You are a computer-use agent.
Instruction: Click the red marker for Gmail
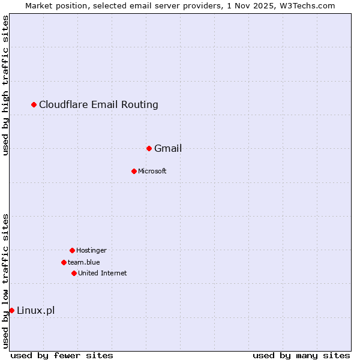[x=149, y=148]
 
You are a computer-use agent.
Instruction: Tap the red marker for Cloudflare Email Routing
[x=34, y=105]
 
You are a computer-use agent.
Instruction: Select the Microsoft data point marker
[x=134, y=171]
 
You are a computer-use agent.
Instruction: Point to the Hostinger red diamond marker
[x=72, y=250]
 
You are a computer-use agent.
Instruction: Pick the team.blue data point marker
[x=64, y=262]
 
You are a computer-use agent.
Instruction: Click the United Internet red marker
[x=74, y=273]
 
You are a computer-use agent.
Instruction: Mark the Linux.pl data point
[x=11, y=310]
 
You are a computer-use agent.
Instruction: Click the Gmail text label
[x=168, y=148]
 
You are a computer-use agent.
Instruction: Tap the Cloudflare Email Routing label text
[x=98, y=104]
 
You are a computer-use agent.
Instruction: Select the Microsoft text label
[x=152, y=171]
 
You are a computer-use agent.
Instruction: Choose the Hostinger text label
[x=91, y=250]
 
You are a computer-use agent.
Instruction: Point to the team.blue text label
[x=84, y=262]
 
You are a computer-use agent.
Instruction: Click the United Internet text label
[x=103, y=273]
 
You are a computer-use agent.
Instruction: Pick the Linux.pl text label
[x=35, y=310]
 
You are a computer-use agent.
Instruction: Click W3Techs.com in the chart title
[x=305, y=5]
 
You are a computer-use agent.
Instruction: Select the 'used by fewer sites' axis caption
[x=62, y=355]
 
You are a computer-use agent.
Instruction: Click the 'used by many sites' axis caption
[x=301, y=355]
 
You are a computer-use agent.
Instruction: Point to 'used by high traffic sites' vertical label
[x=5, y=85]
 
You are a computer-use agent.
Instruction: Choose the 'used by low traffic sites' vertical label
[x=5, y=280]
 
